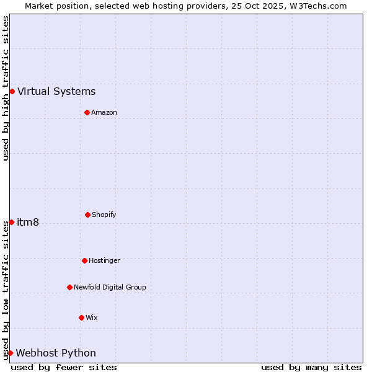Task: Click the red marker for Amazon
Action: pyautogui.click(x=87, y=112)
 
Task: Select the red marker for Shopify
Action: pyautogui.click(x=87, y=215)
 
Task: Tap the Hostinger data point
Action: pyautogui.click(x=84, y=260)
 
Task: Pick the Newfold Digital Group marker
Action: pyautogui.click(x=69, y=287)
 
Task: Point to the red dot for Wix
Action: pyautogui.click(x=81, y=317)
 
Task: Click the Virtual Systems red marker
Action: pyautogui.click(x=12, y=91)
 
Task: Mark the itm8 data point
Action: pyautogui.click(x=11, y=222)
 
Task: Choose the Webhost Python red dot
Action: pyautogui.click(x=10, y=353)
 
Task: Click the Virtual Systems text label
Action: pyautogui.click(x=56, y=92)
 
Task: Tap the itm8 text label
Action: pyautogui.click(x=28, y=223)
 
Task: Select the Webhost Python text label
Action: pyautogui.click(x=56, y=353)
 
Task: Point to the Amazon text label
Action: pyautogui.click(x=104, y=113)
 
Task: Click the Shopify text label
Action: pyautogui.click(x=104, y=215)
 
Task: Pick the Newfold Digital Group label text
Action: pyautogui.click(x=110, y=288)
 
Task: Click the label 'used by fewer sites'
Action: pyautogui.click(x=64, y=367)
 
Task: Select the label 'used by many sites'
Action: pyautogui.click(x=311, y=367)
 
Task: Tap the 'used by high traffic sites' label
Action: pyautogui.click(x=6, y=88)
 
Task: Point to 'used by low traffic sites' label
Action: pyautogui.click(x=6, y=290)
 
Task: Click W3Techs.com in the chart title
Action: pyautogui.click(x=317, y=6)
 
